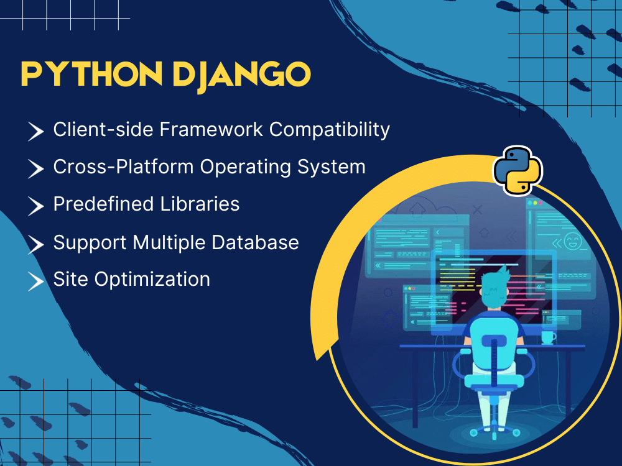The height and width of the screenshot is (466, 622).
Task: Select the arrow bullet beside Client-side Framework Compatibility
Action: click(x=36, y=131)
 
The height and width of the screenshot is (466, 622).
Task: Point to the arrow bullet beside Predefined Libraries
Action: click(x=36, y=206)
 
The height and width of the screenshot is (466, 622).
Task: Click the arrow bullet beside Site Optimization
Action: click(x=36, y=280)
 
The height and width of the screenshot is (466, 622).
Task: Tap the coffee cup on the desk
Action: click(x=547, y=337)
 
